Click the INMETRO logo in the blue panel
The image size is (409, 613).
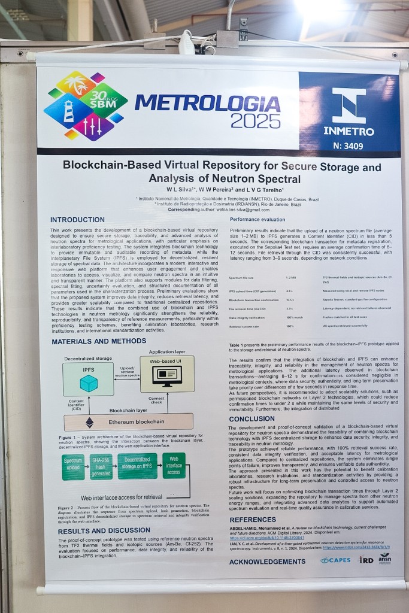click(349, 112)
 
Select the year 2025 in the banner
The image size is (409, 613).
click(255, 121)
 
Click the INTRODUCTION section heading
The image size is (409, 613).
click(77, 220)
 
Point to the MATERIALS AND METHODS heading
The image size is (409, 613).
click(98, 341)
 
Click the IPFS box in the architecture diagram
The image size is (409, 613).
click(88, 379)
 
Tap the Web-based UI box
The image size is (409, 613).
click(167, 374)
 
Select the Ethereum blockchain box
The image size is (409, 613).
click(128, 422)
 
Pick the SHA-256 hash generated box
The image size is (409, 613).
click(101, 466)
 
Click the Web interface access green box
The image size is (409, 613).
click(174, 465)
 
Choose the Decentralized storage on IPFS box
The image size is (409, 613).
click(137, 466)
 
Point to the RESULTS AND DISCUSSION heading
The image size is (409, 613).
click(104, 531)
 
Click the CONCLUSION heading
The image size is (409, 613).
click(252, 419)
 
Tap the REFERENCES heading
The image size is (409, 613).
click(253, 520)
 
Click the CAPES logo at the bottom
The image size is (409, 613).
click(335, 560)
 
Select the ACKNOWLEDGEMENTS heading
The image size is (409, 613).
click(267, 562)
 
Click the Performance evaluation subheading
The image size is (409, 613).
click(257, 220)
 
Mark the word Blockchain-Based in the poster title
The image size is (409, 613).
click(109, 166)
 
